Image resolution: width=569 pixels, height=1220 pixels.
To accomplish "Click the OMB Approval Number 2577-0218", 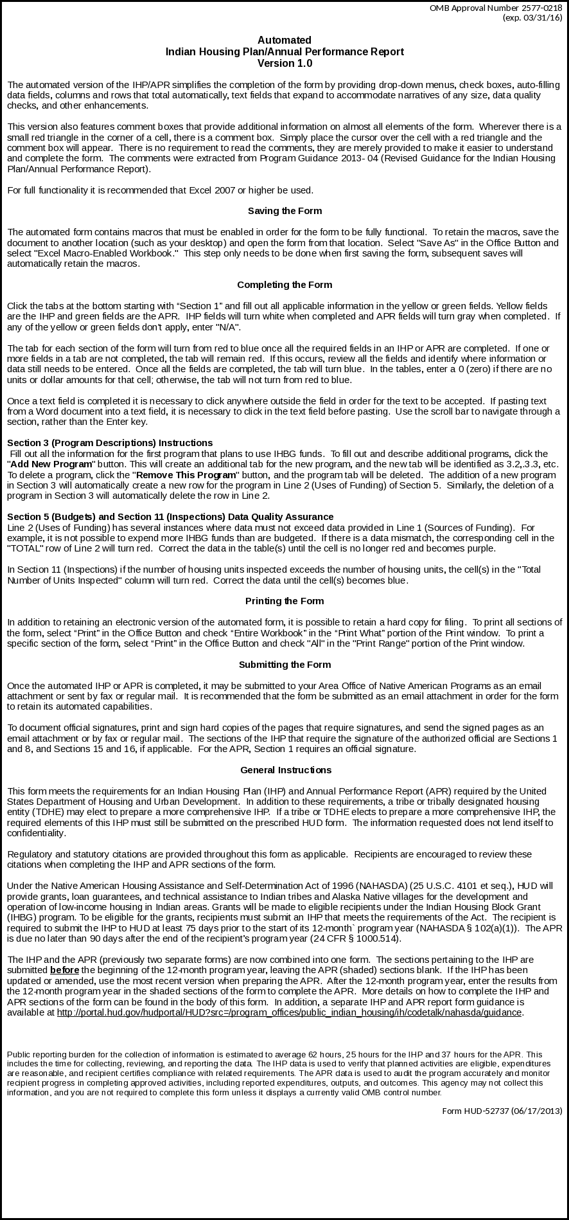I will click(x=496, y=8).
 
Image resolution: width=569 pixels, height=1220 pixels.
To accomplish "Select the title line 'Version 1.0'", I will click(x=284, y=64).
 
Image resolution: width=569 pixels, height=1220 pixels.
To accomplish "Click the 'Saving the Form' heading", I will click(x=284, y=211).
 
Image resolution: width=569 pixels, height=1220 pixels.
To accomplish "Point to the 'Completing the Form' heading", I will click(x=284, y=285).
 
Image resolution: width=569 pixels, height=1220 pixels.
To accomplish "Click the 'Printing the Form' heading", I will click(x=284, y=601).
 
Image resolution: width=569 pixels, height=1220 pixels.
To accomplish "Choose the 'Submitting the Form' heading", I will click(x=284, y=665).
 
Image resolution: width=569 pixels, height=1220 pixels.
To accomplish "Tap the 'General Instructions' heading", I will click(x=286, y=770).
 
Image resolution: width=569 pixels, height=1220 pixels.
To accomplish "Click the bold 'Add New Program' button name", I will click(x=51, y=464).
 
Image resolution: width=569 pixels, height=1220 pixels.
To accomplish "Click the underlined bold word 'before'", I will click(x=64, y=970).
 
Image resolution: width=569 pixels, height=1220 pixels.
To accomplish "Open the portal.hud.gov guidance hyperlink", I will click(x=290, y=1012).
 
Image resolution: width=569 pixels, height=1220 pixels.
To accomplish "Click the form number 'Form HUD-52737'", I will click(x=476, y=1111).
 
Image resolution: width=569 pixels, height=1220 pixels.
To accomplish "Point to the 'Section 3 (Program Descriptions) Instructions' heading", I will click(x=110, y=443).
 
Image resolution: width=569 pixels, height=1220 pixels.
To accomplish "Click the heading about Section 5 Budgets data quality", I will click(x=170, y=517).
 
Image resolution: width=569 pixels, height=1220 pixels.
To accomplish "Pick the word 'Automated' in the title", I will click(x=284, y=40).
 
